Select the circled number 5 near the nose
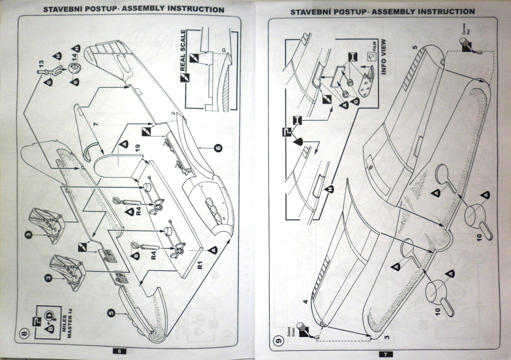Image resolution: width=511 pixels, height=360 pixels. click(112, 313)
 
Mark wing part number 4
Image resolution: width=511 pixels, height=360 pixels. click(305, 302)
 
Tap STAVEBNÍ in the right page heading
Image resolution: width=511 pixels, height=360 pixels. click(310, 11)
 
